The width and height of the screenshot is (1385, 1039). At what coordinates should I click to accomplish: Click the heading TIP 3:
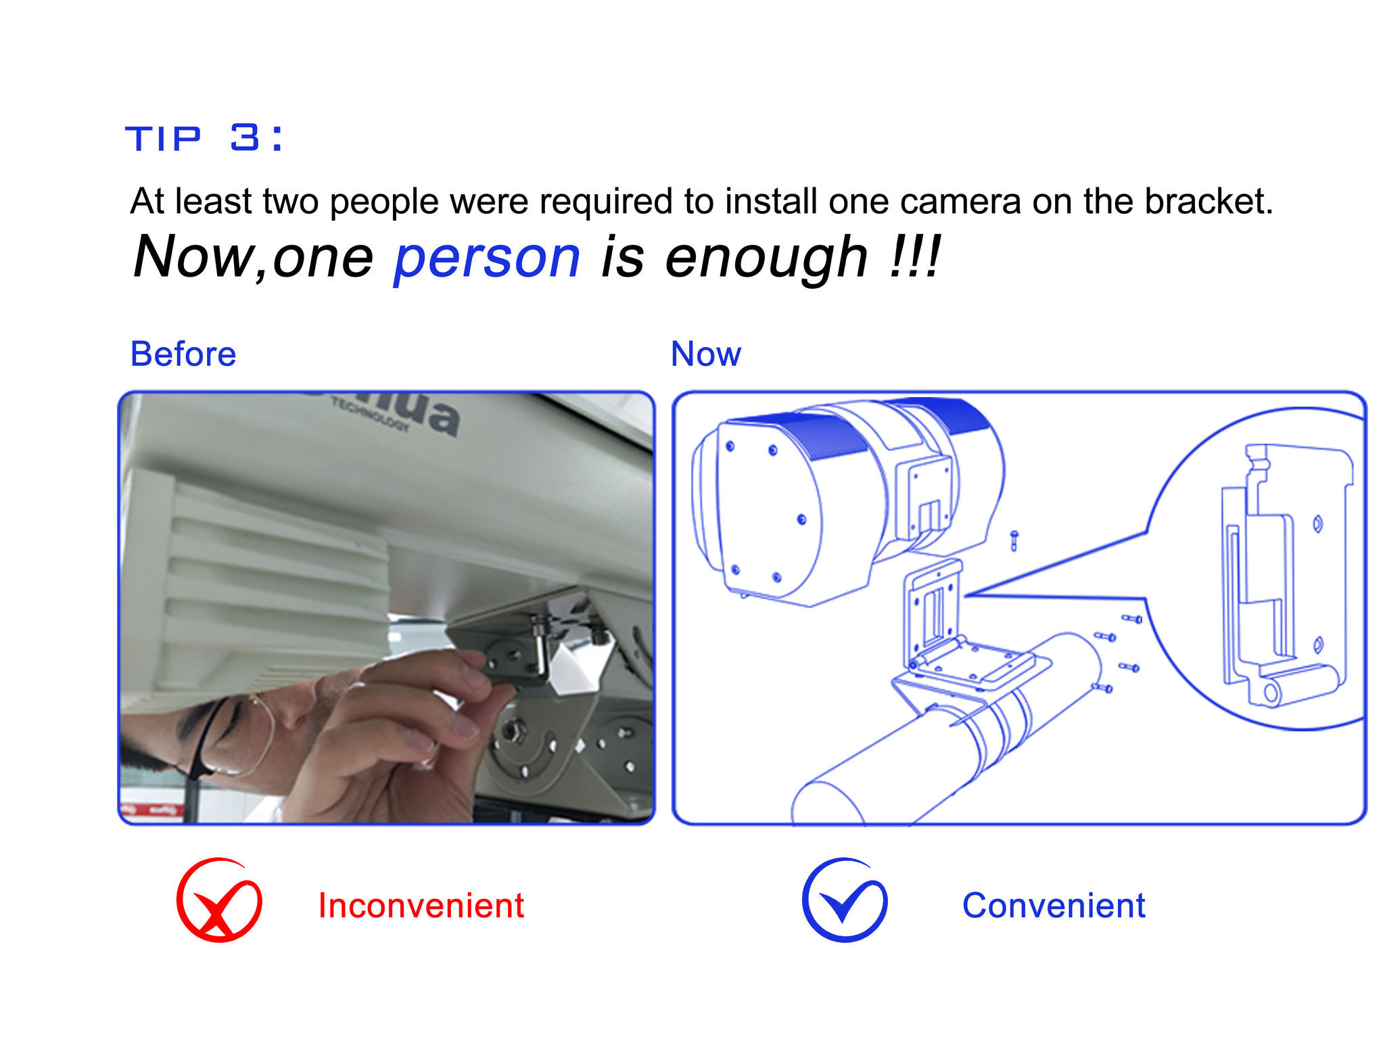click(204, 138)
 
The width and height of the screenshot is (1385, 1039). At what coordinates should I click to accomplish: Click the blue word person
click(487, 258)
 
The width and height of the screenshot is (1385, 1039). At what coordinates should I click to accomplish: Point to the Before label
click(183, 354)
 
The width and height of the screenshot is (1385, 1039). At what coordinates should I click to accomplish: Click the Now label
click(706, 354)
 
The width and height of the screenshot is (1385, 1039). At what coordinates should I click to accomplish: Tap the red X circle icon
click(219, 900)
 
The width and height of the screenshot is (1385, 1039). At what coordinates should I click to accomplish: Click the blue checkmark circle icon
click(845, 900)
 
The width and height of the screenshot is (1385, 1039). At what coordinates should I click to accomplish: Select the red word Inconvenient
click(421, 905)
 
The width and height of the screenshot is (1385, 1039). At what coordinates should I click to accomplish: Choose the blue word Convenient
click(1054, 905)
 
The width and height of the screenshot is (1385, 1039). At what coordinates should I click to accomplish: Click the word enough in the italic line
click(766, 258)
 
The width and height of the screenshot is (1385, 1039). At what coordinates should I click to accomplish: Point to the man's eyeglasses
click(230, 737)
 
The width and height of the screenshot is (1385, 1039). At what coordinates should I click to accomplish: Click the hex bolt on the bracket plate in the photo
click(512, 731)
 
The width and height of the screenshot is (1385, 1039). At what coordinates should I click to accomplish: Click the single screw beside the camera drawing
click(1014, 540)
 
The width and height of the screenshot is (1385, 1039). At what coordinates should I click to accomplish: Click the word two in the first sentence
click(290, 202)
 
